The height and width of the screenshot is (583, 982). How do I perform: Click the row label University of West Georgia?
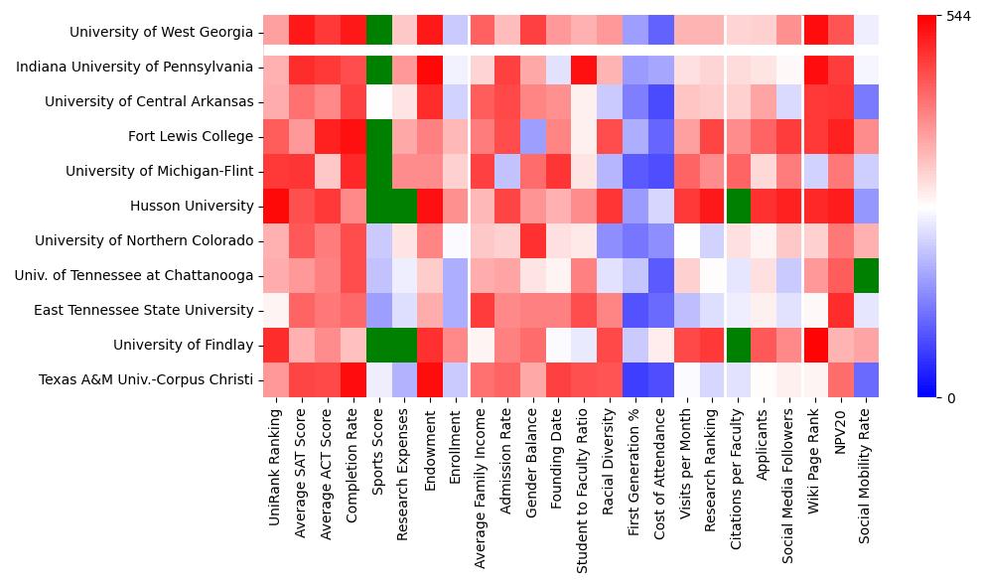pos(161,33)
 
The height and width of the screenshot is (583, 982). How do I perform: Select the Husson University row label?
pos(192,207)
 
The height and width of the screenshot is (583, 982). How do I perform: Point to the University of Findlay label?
pos(183,346)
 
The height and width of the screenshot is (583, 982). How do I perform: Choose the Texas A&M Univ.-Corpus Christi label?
pos(146,380)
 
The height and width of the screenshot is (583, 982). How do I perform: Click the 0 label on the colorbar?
pos(950,398)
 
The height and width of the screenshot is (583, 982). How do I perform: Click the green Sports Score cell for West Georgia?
pos(378,33)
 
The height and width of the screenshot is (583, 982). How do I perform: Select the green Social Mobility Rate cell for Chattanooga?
pos(867,276)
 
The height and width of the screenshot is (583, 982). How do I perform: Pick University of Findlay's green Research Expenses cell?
pos(404,346)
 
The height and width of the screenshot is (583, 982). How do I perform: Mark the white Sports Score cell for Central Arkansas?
pos(378,102)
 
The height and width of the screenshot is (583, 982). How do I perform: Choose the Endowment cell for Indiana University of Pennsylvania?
pos(430,68)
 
